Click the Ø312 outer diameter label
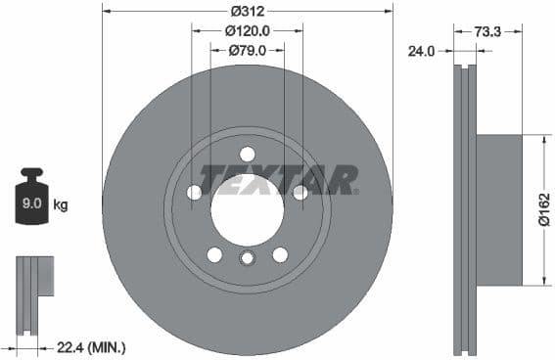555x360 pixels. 247,11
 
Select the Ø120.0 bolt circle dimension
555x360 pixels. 247,30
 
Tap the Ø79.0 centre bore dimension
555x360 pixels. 247,50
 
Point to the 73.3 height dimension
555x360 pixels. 487,31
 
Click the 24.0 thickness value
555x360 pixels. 422,52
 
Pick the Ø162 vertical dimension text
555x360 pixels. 541,209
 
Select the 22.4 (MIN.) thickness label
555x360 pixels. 93,346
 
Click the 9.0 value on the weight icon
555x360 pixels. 32,204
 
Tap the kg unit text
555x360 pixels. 61,204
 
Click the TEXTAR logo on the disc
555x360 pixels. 279,179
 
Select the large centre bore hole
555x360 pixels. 247,209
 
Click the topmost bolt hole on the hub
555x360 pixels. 247,154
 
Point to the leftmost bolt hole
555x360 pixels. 194,193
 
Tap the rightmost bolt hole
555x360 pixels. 301,193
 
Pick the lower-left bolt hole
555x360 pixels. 214,254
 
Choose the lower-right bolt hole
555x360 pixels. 280,254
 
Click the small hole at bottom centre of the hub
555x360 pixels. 247,257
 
